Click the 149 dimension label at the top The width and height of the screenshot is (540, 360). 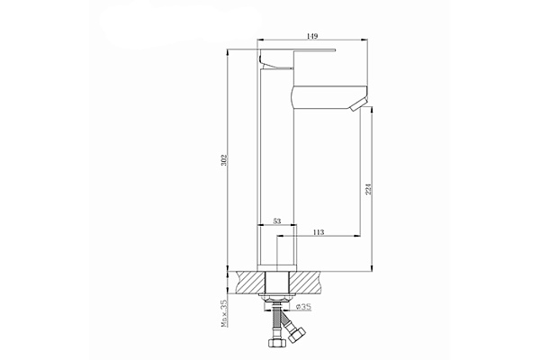click(312, 36)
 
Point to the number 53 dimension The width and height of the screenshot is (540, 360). click(277, 220)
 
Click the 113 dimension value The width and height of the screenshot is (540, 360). click(318, 232)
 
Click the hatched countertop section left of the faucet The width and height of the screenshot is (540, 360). click(248, 281)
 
